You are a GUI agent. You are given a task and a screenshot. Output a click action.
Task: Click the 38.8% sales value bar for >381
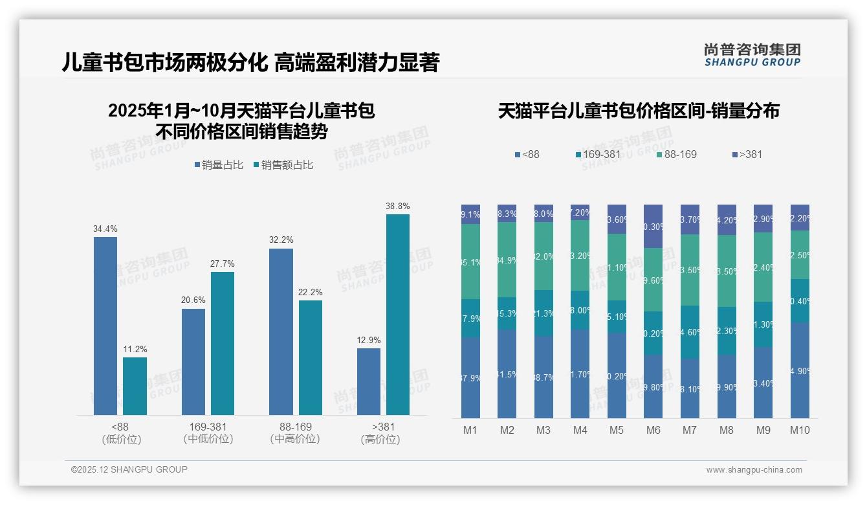[x=398, y=314]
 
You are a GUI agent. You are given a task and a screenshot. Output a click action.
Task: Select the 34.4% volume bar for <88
[x=105, y=326]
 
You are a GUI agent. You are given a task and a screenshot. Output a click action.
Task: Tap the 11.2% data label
[x=135, y=350]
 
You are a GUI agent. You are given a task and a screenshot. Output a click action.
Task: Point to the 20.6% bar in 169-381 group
[x=193, y=361]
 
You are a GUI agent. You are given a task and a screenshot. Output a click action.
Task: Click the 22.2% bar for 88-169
[x=311, y=357]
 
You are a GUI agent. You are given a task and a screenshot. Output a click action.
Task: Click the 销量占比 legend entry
[x=219, y=165]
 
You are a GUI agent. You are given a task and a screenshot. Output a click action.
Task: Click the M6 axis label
[x=653, y=430]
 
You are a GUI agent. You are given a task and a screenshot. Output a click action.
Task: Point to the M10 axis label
[x=800, y=430]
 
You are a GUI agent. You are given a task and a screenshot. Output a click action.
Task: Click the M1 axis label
[x=470, y=430]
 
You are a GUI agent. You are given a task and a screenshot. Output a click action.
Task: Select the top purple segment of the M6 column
[x=653, y=226]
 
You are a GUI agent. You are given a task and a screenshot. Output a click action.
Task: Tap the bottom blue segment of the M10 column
[x=800, y=370]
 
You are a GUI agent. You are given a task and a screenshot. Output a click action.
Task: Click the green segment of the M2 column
[x=507, y=260]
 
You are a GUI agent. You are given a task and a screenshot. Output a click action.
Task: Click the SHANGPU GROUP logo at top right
[x=752, y=55]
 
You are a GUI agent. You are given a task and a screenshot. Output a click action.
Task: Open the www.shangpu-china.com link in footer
[x=754, y=470]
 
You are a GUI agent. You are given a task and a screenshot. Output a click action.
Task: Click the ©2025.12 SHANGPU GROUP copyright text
[x=129, y=469]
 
